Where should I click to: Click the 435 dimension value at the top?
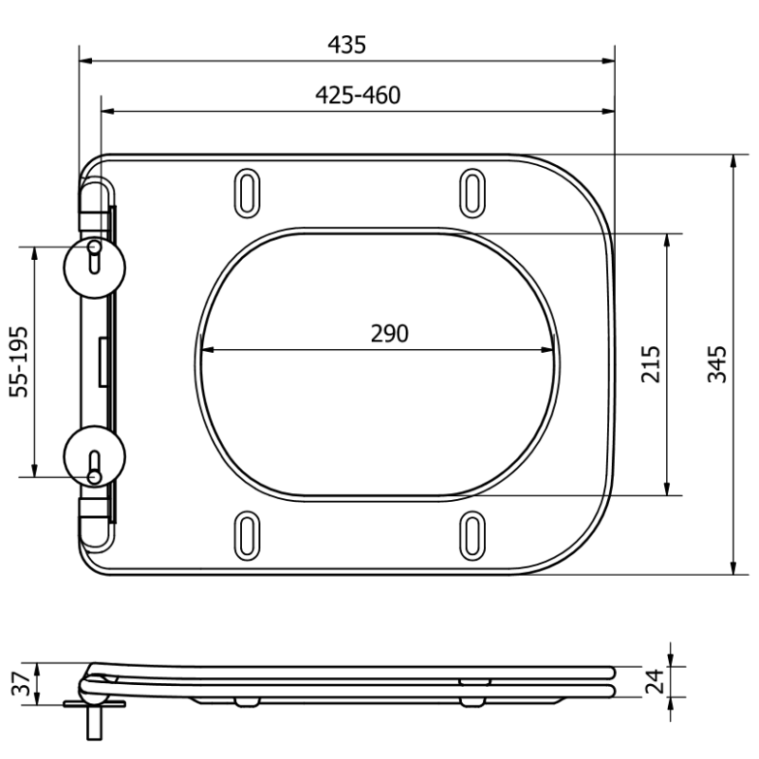[x=346, y=45]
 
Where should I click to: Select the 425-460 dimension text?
[x=357, y=95]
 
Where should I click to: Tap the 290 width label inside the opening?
[x=389, y=334]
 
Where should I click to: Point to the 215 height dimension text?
[x=651, y=363]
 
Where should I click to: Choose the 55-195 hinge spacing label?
[x=20, y=361]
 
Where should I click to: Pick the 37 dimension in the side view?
[x=20, y=684]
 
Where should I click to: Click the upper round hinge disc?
[x=93, y=268]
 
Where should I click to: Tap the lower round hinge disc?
[x=93, y=455]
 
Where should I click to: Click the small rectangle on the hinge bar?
[x=102, y=361]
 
